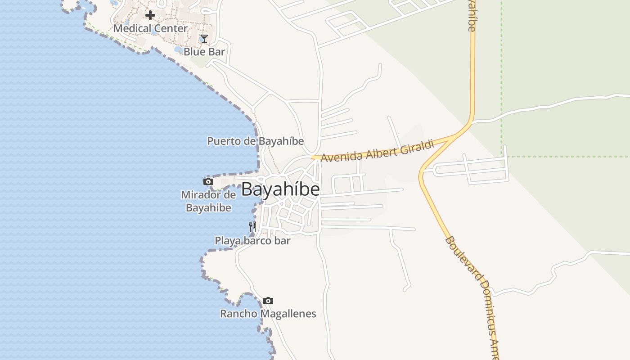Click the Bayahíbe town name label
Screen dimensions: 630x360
280,189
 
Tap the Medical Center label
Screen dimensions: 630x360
150,28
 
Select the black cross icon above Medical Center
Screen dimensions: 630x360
150,15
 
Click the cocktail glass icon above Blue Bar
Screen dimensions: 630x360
204,39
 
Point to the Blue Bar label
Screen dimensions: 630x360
204,52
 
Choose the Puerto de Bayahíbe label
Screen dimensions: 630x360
255,141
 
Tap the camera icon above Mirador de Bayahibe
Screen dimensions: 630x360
208,181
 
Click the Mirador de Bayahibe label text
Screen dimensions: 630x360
208,201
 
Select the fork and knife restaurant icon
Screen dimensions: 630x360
252,227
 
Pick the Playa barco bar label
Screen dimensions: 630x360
252,241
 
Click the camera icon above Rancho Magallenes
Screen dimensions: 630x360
268,301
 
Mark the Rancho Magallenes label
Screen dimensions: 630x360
268,314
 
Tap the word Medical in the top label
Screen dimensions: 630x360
131,28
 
